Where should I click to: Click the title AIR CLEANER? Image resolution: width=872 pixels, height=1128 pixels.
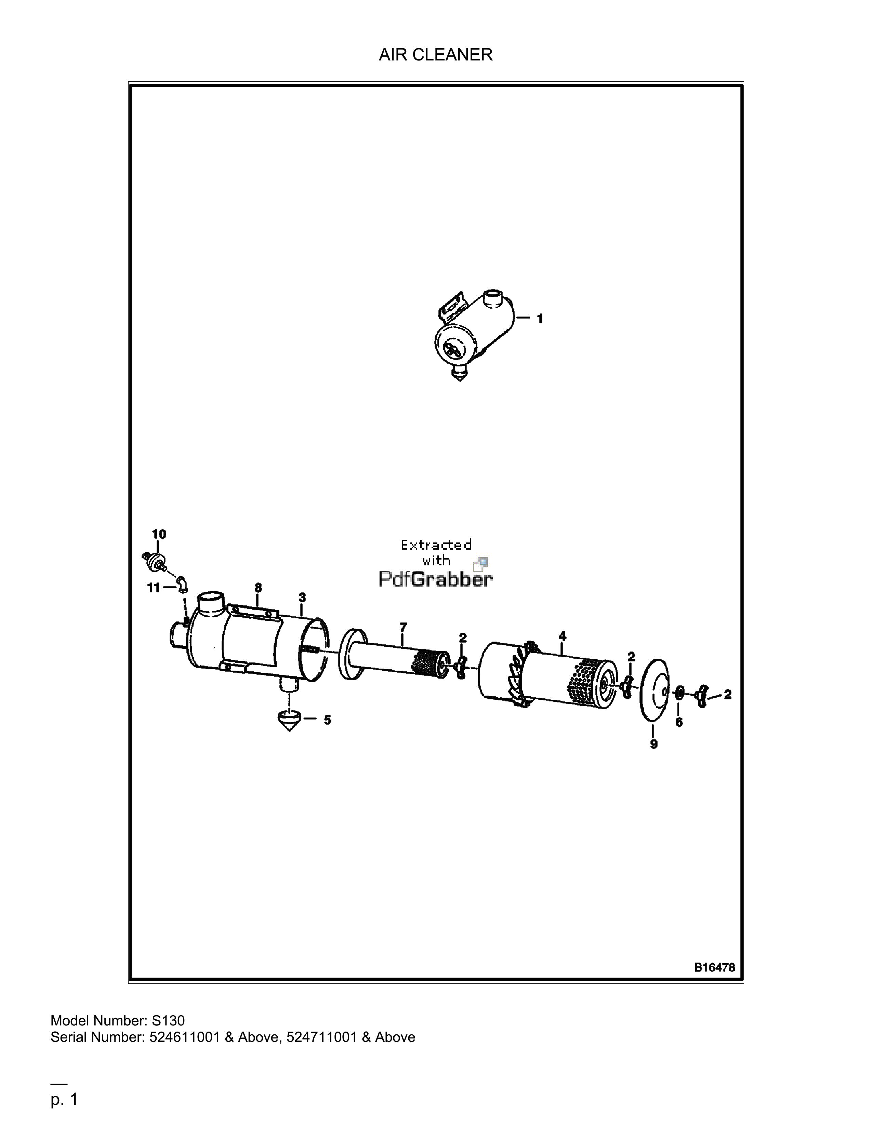coord(435,54)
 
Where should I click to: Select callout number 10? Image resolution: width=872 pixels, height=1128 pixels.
coord(159,534)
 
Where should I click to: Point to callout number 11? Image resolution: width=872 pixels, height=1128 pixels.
coord(154,588)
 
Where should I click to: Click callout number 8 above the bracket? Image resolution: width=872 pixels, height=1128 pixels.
coord(258,588)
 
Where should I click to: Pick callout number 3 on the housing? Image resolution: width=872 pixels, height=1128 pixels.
coord(302,597)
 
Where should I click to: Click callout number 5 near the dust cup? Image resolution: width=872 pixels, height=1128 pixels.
coord(328,720)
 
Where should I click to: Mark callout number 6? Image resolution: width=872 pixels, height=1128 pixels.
coord(679,722)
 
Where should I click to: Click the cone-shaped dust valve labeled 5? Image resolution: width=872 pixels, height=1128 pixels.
coord(290,721)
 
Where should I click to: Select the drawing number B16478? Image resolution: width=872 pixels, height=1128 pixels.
coord(714,967)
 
